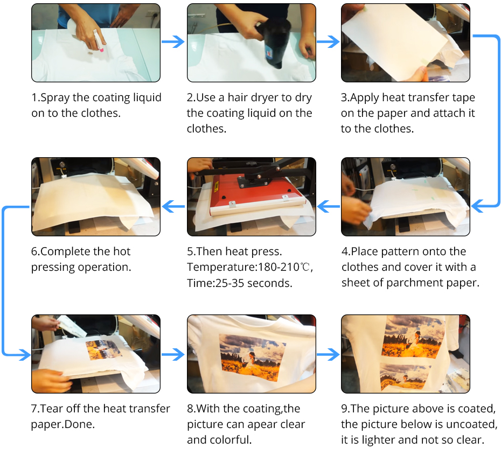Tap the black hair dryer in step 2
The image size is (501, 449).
pos(275,41)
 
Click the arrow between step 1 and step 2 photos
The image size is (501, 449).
pos(173,41)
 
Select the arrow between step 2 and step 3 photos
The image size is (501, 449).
pos(328,41)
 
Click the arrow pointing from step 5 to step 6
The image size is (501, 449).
pos(173,206)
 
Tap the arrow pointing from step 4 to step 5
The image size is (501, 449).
pos(329,206)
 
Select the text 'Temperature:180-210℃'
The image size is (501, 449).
pos(248,267)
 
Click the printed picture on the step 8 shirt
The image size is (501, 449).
pos(253,357)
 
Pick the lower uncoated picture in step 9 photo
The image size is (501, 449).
pos(404,377)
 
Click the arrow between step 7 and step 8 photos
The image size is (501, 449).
pos(173,354)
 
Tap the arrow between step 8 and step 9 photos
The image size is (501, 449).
pos(328,354)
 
